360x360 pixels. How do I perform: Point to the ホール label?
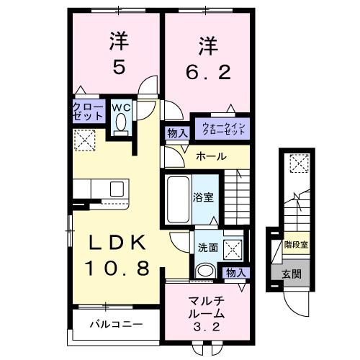[211, 156]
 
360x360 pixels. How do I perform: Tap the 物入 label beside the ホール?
[176, 133]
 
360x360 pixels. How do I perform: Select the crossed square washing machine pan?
[232, 248]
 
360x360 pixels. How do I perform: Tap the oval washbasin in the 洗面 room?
[204, 271]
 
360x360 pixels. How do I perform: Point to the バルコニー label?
[115, 324]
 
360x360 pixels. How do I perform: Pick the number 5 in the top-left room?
[120, 66]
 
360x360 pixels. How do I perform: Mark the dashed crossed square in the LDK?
[86, 140]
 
